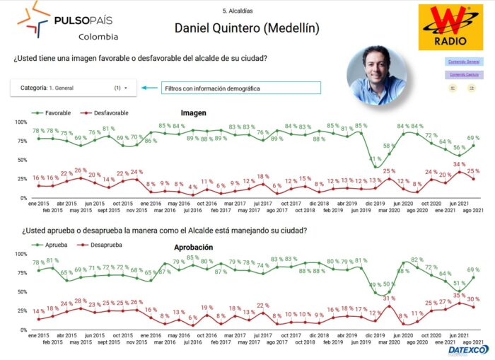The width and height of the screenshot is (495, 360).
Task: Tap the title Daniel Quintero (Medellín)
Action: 247,28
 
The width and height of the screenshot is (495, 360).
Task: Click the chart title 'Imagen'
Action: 193,112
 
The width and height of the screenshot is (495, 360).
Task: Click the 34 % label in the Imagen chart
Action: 459,165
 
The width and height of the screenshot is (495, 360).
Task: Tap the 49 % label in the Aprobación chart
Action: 376,285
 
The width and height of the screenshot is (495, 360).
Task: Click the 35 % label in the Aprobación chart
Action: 459,295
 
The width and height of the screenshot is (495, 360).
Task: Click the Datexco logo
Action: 467,349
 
